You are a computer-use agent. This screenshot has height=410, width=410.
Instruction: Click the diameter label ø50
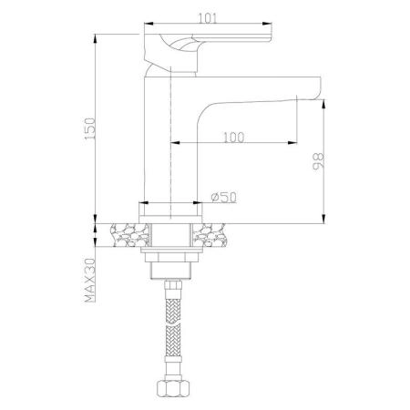point(222,198)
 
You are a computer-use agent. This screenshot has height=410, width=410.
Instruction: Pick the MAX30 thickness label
point(88,281)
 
